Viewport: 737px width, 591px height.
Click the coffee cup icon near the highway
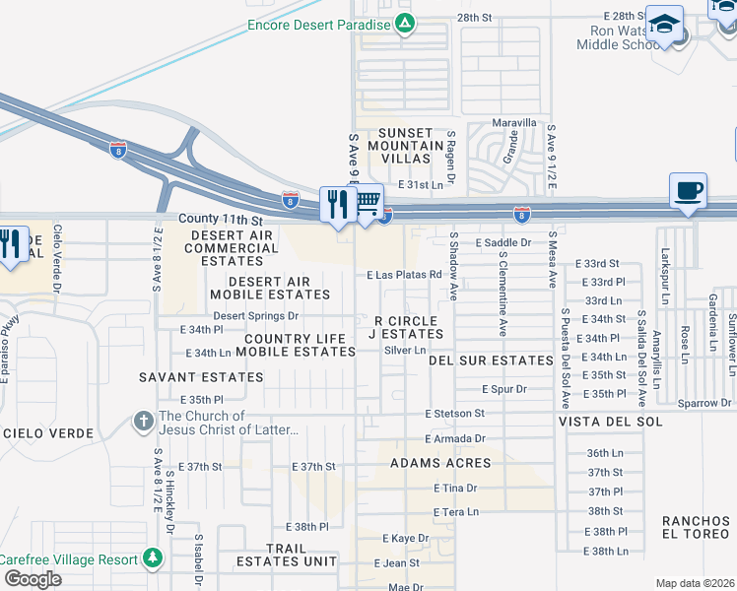pyautogui.click(x=688, y=189)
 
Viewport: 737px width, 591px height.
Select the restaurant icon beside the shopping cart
pyautogui.click(x=338, y=204)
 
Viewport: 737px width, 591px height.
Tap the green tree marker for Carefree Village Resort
pyautogui.click(x=152, y=558)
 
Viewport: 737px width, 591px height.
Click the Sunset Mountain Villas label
pyautogui.click(x=399, y=145)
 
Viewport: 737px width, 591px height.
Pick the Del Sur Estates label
pyautogui.click(x=491, y=361)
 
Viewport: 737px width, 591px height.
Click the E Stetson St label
pyautogui.click(x=455, y=414)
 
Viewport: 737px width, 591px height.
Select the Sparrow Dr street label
pyautogui.click(x=704, y=403)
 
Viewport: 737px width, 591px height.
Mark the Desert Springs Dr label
pyautogui.click(x=256, y=316)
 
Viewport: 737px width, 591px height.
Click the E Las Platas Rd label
pyautogui.click(x=402, y=276)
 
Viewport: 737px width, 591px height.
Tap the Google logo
pyautogui.click(x=33, y=579)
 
